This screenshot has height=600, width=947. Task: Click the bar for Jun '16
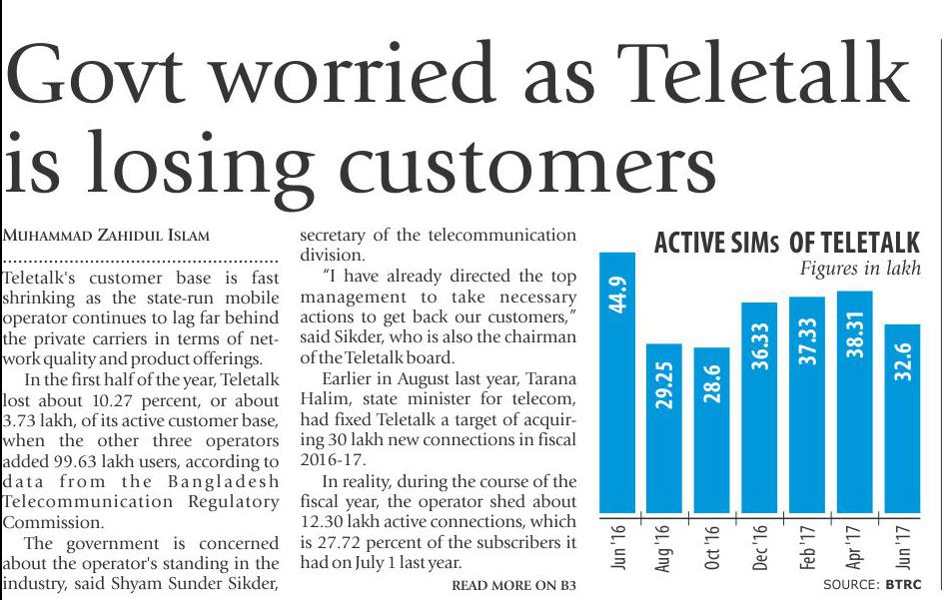click(617, 384)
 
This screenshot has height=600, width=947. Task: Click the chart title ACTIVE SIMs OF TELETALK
click(786, 244)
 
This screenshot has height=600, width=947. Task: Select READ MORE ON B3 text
click(514, 584)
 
